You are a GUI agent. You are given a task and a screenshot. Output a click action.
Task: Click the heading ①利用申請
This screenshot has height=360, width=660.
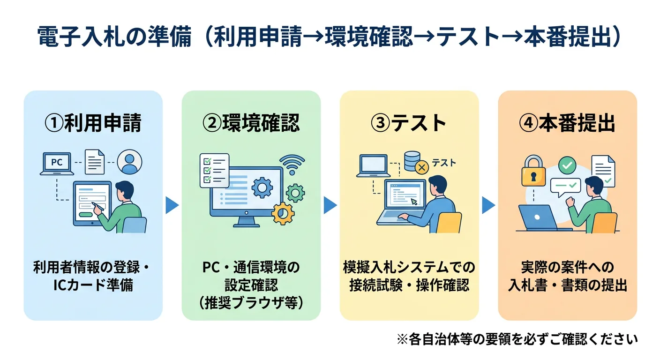point(93,123)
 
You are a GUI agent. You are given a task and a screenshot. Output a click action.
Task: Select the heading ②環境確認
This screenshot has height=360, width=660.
point(251,123)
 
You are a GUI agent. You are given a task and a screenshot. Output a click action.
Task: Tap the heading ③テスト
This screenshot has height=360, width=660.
point(409,123)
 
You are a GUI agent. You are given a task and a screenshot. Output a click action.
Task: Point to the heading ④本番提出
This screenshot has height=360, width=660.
point(567,123)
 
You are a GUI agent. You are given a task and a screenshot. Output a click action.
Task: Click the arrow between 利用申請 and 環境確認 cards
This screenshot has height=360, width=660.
point(172,205)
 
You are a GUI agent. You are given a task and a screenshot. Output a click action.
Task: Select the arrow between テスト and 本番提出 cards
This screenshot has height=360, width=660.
point(488,205)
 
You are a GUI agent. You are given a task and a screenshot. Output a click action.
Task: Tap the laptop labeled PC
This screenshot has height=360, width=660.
point(57,163)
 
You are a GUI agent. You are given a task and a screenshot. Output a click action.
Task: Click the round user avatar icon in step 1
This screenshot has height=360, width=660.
point(129,162)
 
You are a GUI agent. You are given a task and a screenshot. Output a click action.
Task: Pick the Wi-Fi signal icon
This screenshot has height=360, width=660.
point(292,165)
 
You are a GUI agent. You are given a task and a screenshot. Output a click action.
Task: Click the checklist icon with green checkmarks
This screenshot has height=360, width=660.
point(214,170)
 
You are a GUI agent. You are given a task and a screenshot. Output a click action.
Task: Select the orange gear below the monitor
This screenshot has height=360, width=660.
point(283,213)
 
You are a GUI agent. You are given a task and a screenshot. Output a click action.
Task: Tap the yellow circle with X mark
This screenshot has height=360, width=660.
point(422,166)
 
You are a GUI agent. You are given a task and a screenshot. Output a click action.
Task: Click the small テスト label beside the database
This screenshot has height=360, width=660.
point(443,163)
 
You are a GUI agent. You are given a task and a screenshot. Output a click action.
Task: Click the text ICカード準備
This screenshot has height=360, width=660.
point(93,285)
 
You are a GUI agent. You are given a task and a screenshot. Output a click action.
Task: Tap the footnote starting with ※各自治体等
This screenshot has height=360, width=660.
point(517,338)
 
